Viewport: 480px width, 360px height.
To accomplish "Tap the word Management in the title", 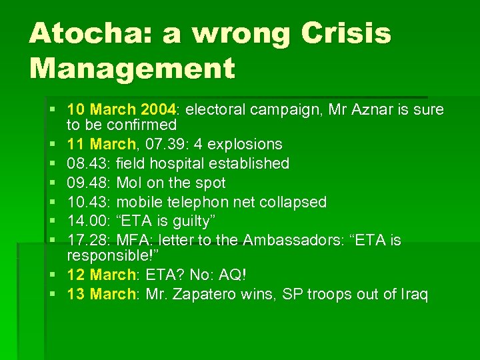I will (132, 67).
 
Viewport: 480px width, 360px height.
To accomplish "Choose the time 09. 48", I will (89, 183).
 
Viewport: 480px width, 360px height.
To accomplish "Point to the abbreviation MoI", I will (132, 183).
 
